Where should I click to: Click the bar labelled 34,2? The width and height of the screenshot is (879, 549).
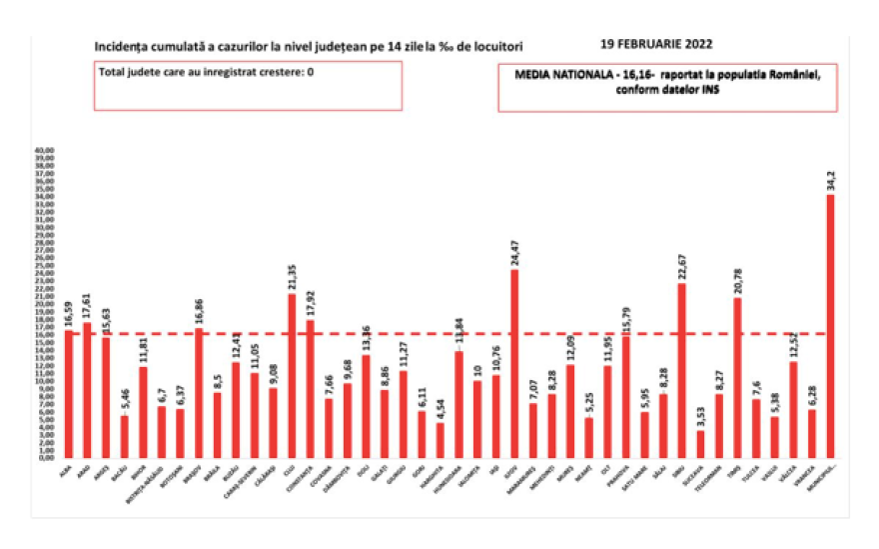830,325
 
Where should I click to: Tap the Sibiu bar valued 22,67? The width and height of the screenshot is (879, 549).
681,370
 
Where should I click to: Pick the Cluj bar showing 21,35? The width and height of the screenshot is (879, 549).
292,374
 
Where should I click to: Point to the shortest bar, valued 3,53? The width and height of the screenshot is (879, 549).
700,443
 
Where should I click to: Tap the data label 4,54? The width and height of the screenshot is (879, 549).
440,407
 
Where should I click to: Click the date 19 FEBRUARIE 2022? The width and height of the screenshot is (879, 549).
657,44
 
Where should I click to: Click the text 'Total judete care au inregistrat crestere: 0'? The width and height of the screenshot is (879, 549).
207,72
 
